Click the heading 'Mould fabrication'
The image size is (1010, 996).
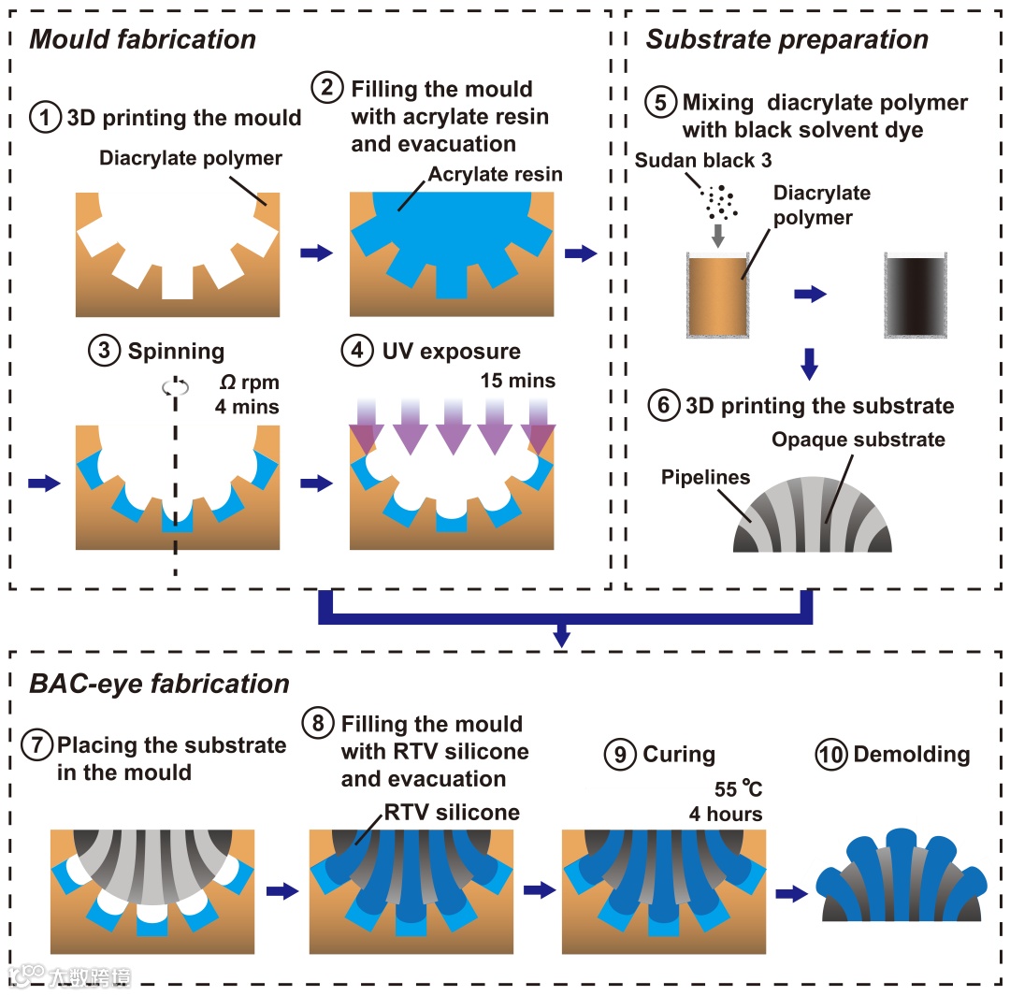(x=143, y=39)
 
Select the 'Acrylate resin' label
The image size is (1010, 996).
(x=496, y=174)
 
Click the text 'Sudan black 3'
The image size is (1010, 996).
(x=703, y=161)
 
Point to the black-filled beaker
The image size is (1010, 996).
(x=916, y=295)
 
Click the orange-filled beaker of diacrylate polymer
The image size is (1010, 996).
(x=717, y=295)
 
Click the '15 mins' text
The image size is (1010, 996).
(x=518, y=381)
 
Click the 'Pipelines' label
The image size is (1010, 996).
(x=705, y=478)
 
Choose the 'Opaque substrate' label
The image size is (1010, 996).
(x=858, y=439)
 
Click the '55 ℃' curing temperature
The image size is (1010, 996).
(x=739, y=789)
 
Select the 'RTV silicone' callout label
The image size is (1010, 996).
(x=453, y=813)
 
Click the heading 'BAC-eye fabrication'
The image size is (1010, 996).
(x=159, y=684)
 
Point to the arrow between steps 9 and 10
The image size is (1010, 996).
(x=791, y=893)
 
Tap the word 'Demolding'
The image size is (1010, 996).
(x=912, y=755)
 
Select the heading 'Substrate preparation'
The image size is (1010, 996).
(x=786, y=39)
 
